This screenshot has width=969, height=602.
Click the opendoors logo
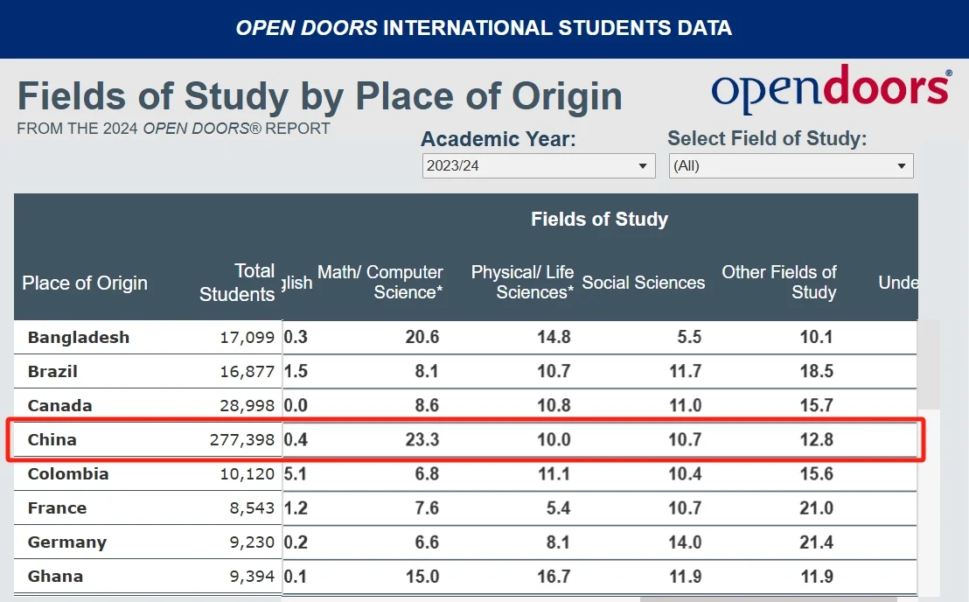tap(830, 89)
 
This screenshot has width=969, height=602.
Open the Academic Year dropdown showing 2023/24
tap(538, 165)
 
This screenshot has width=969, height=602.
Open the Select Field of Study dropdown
tap(791, 165)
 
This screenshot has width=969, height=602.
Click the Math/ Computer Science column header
tap(380, 283)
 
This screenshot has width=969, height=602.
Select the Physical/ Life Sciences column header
tap(522, 283)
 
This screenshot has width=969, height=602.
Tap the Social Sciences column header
tap(643, 283)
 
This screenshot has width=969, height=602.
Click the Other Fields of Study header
tap(778, 283)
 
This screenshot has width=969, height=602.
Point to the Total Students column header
tap(237, 283)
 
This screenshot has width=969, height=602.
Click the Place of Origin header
tap(85, 283)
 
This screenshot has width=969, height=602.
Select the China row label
tap(52, 439)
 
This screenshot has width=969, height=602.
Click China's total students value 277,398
tap(241, 440)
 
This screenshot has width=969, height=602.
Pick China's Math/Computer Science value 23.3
tap(422, 440)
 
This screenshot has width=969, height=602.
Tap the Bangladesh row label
tap(79, 338)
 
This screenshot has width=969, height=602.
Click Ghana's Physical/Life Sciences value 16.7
tap(554, 577)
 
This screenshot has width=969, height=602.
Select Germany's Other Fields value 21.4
tap(816, 542)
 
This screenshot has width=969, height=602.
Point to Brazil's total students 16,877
tap(247, 372)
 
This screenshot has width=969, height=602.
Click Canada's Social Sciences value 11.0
tap(685, 406)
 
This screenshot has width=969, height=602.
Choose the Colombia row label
tap(68, 474)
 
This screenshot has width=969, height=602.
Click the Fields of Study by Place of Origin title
tap(319, 96)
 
